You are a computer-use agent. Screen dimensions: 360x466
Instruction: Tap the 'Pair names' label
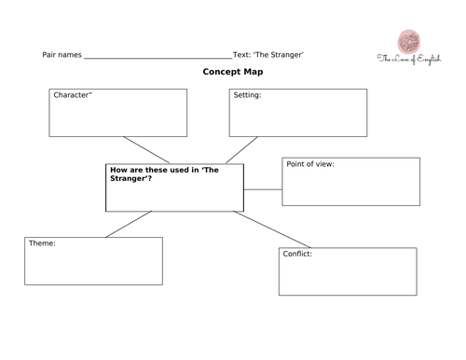62,56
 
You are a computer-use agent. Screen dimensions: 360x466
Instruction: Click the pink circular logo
407,42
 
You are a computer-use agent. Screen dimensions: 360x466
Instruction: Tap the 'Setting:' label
247,95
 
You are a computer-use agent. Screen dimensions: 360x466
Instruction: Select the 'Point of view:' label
310,164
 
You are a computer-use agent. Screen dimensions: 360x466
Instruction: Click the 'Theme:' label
42,243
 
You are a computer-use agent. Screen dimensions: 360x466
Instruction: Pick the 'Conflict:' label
298,254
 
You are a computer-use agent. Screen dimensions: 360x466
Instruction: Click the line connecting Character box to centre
144,150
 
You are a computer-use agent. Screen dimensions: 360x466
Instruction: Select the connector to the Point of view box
263,189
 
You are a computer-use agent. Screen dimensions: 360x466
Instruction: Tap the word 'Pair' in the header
51,56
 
